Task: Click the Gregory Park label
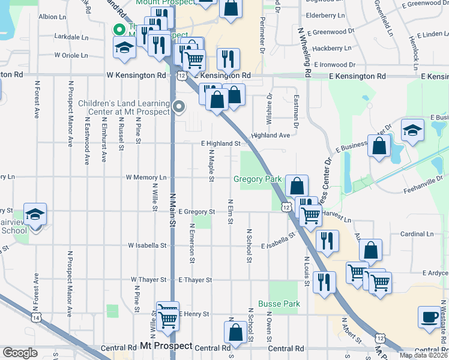[x=258, y=179]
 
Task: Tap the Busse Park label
[x=279, y=304]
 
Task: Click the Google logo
[x=20, y=352]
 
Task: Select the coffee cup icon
[x=430, y=316]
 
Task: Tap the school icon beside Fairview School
[x=35, y=214]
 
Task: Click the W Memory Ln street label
[x=146, y=178]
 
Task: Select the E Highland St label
[x=220, y=143]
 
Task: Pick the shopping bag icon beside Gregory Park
[x=297, y=185]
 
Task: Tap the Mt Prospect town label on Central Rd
[x=166, y=347]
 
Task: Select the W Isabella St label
[x=147, y=245]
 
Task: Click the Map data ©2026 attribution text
[x=423, y=355]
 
